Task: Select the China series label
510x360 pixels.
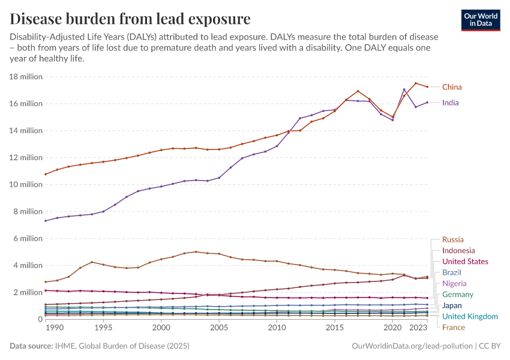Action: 452,87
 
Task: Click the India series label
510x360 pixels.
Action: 450,103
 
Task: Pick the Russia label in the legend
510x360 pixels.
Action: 452,239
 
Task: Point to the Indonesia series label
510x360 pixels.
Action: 458,250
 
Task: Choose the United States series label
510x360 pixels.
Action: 465,262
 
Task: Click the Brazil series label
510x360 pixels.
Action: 452,272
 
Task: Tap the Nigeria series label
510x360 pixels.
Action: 454,283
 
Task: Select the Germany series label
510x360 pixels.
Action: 458,295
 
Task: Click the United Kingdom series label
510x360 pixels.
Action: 470,316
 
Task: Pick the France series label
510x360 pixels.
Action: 453,328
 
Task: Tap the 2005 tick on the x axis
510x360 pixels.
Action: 219,328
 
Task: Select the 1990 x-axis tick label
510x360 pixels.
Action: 54,328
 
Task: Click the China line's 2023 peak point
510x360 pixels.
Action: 415,83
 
